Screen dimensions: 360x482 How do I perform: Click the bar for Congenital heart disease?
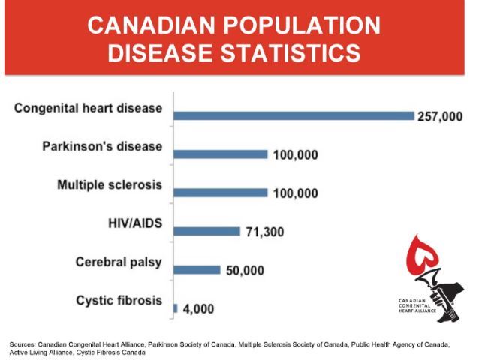(x=294, y=115)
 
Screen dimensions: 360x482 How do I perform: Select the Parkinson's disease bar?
(x=221, y=154)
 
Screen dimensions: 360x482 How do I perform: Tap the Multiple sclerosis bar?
(x=221, y=193)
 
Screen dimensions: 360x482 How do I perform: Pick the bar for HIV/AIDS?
(x=207, y=232)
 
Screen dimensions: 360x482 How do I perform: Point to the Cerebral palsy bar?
(x=197, y=270)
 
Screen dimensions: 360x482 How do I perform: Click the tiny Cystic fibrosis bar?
(x=176, y=307)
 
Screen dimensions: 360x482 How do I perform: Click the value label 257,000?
(x=441, y=117)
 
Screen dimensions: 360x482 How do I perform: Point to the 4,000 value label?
(x=199, y=309)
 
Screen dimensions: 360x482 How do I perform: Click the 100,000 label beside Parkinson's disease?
(x=294, y=156)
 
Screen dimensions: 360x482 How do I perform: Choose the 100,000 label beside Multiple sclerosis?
(x=294, y=194)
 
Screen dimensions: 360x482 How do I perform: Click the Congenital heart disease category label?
(x=88, y=108)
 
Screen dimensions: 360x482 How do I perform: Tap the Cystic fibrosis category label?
(x=119, y=301)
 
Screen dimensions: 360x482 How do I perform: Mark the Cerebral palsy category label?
(x=119, y=262)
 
